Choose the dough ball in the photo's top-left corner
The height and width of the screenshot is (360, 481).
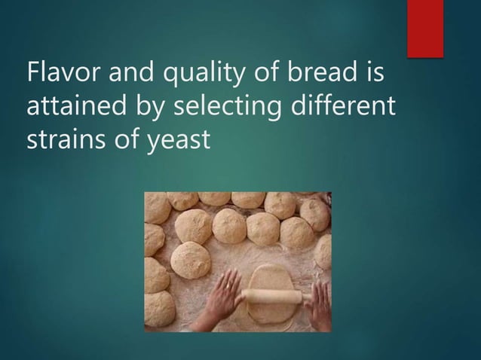point(157,207)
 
